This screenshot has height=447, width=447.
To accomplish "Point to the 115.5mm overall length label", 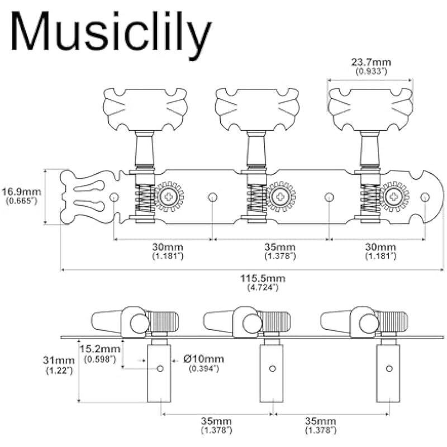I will click(263, 282).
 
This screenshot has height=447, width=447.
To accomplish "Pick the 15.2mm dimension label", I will click(100, 353).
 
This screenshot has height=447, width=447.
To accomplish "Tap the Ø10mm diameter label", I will click(203, 363).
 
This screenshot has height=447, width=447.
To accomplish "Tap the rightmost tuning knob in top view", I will click(370, 109).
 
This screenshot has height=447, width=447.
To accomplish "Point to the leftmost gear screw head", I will click(169, 196).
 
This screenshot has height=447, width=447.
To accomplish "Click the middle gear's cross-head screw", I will click(280, 196).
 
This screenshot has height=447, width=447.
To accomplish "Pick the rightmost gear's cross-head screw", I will click(395, 196).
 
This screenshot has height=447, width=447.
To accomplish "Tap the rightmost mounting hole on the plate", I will click(425, 197).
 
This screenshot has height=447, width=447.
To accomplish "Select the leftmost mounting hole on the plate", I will click(114, 197).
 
